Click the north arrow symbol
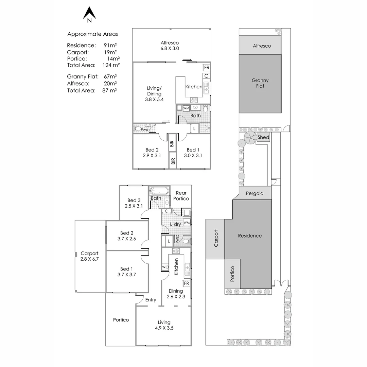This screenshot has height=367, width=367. click(89, 14)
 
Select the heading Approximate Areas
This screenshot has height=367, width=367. click(92, 34)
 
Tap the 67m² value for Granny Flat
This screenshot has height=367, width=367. click(110, 77)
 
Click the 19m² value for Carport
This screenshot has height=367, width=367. click(110, 52)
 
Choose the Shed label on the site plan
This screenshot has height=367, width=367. click(263, 138)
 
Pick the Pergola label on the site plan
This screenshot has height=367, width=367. click(255, 193)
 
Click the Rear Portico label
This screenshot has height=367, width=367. click(181, 196)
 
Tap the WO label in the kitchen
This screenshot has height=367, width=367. click(165, 267)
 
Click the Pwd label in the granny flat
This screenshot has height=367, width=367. click(144, 130)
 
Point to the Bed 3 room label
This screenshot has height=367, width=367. click(134, 203)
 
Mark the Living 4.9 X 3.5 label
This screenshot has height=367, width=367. click(164, 325)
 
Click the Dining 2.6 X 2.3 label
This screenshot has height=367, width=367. click(176, 294)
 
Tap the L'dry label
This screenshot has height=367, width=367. click(175, 224)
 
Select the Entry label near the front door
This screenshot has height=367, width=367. click(151, 300)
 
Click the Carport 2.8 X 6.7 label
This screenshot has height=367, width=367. click(89, 256)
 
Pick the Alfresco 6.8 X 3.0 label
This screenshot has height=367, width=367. click(170, 46)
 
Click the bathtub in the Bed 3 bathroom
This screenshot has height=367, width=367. click(159, 191)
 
